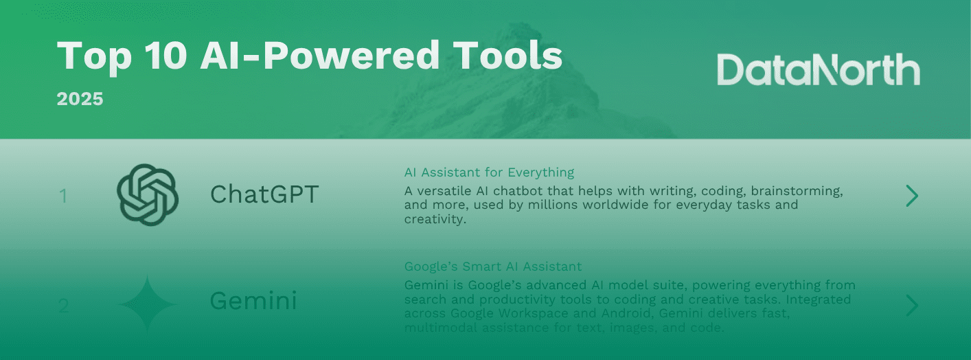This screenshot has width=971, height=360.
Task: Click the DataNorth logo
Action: (x=818, y=71)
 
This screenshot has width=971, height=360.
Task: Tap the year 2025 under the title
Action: (x=80, y=99)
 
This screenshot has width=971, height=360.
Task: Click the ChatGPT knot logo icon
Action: (x=148, y=195)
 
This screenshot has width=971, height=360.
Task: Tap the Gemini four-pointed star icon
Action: (x=148, y=304)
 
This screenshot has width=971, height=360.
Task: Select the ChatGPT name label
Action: (x=264, y=195)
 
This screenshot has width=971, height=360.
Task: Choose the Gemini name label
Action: (x=253, y=302)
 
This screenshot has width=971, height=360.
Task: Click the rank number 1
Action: (x=63, y=196)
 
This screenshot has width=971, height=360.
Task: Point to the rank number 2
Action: (x=63, y=306)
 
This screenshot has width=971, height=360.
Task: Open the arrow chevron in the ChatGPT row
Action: (x=912, y=196)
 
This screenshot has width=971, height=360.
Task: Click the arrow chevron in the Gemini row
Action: (x=912, y=306)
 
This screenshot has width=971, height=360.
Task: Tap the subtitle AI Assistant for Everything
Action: (x=489, y=172)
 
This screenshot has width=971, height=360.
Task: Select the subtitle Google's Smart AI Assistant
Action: (x=492, y=267)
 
